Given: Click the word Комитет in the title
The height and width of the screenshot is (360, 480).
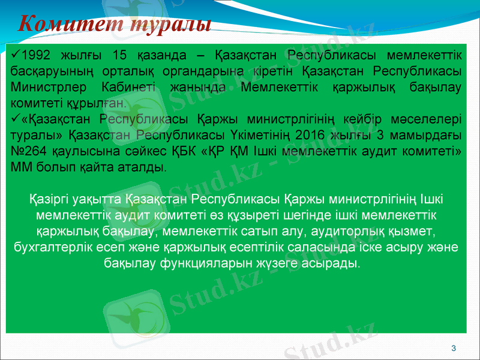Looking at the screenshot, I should point(64,24).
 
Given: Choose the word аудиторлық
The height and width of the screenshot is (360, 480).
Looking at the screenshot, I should point(335,231).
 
